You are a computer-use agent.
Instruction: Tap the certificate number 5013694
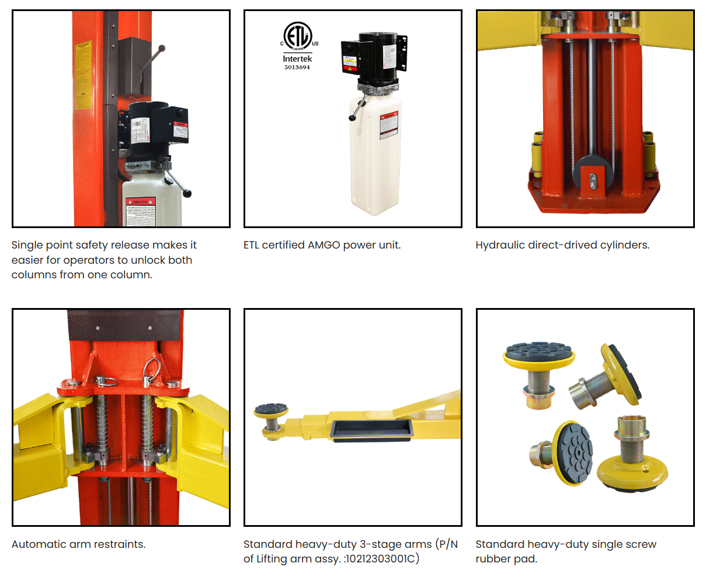(297, 68)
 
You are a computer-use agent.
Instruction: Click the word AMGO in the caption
(324, 245)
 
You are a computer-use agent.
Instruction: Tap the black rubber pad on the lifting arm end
(271, 410)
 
